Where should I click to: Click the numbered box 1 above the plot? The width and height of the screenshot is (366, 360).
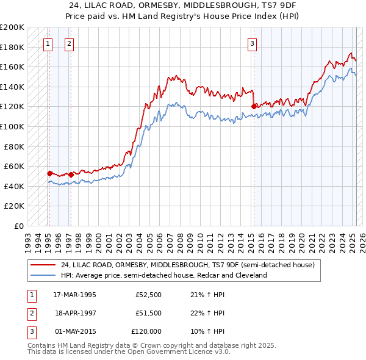48,43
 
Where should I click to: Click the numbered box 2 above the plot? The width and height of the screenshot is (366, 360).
69,43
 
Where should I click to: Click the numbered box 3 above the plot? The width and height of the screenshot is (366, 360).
252,43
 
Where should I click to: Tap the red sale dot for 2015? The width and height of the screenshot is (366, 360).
254,106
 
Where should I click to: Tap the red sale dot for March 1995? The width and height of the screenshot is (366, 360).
49,173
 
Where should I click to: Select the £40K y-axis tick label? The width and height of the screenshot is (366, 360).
14,186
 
